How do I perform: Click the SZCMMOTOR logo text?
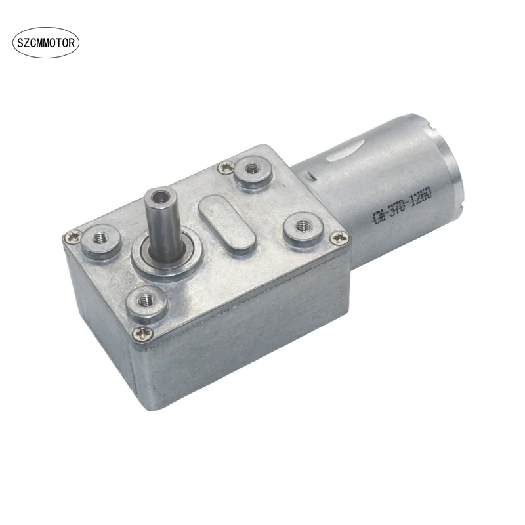[x=47, y=44]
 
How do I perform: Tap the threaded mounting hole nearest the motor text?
[x=302, y=225]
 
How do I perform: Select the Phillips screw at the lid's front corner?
[x=140, y=335]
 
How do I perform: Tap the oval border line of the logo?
[x=47, y=29]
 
